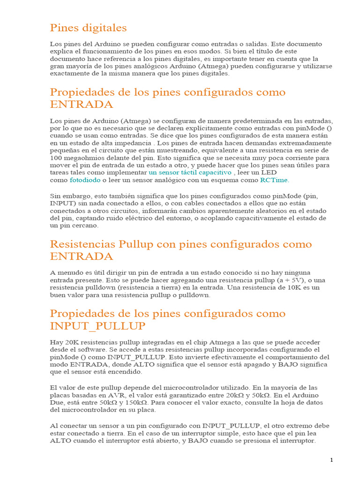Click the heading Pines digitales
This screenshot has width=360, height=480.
[88, 28]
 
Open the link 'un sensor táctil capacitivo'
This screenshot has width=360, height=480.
[190, 172]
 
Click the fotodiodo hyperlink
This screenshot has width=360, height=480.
[85, 180]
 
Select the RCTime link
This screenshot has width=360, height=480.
[274, 180]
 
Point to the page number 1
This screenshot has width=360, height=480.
[331, 460]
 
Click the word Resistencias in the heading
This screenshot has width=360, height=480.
[82, 244]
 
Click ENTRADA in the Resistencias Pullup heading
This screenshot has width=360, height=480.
[82, 256]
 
